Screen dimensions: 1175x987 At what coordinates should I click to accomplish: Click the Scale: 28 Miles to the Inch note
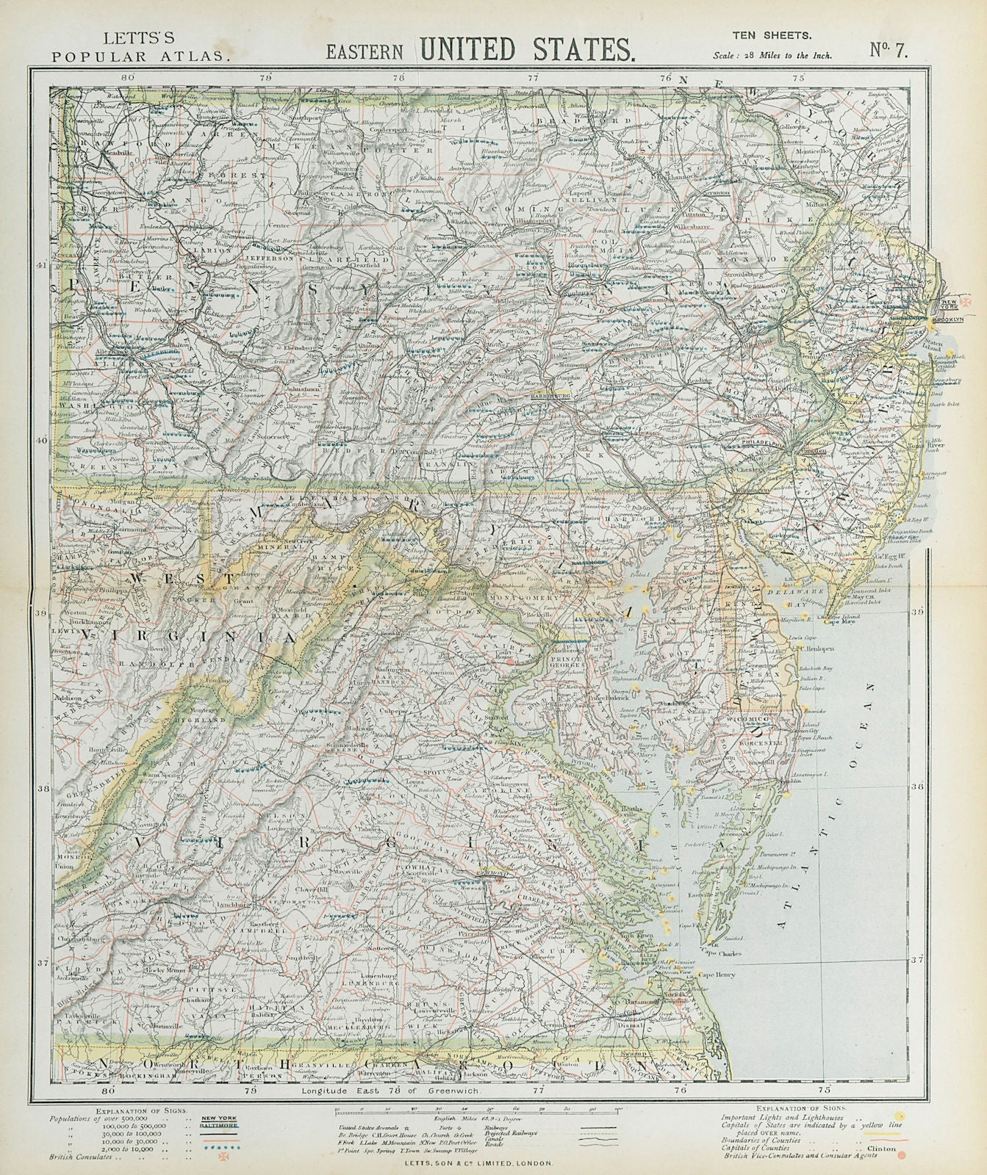pyautogui.click(x=772, y=55)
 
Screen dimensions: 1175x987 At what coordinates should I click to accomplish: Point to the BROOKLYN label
pyautogui.click(x=944, y=322)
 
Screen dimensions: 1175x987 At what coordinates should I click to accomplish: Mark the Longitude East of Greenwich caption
pyautogui.click(x=390, y=1113)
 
